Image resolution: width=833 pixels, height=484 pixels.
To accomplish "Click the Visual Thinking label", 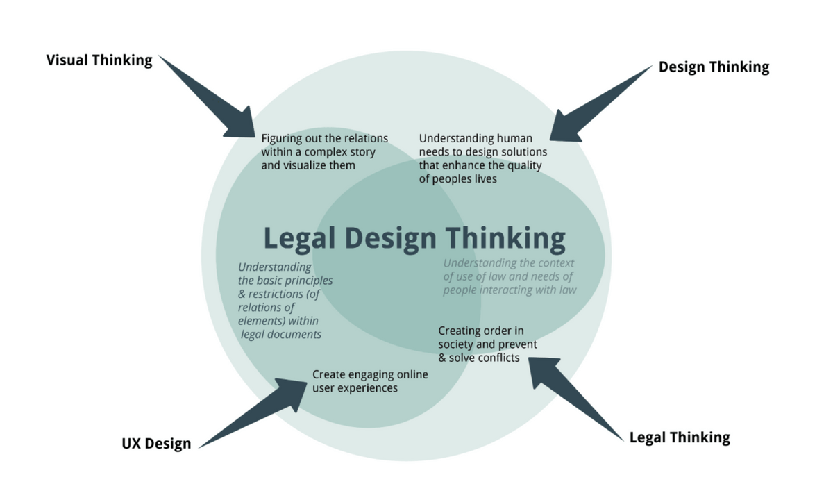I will click(x=99, y=60).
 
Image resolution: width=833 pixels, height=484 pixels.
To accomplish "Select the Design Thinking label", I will click(x=714, y=67).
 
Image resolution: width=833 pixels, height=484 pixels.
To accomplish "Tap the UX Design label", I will click(x=156, y=444).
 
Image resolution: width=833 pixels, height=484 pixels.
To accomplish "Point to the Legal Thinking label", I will click(x=680, y=437).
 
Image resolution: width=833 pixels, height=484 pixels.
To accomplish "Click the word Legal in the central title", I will click(x=299, y=238).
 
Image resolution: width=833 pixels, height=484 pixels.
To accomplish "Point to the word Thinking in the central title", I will click(x=505, y=238).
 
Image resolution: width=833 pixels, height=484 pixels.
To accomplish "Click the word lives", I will click(x=484, y=178).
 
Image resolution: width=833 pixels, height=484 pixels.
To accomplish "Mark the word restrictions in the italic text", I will click(x=276, y=294).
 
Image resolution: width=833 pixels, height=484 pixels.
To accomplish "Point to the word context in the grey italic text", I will click(x=555, y=264).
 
